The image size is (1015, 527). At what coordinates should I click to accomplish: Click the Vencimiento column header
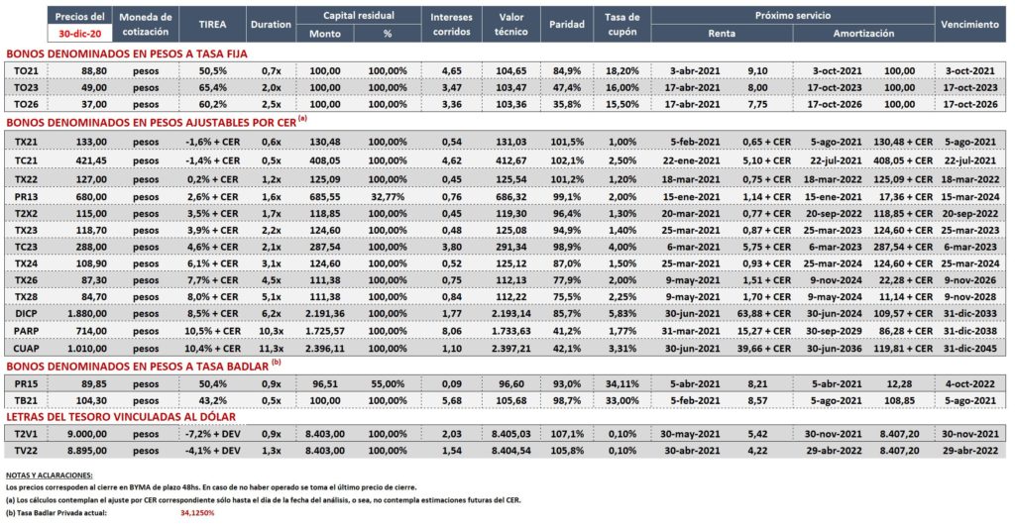(969, 25)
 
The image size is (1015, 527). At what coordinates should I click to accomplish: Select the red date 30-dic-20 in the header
(79, 34)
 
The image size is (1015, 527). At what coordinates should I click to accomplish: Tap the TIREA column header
(212, 25)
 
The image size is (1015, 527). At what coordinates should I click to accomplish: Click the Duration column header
(271, 25)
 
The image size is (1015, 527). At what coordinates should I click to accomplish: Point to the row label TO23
(26, 87)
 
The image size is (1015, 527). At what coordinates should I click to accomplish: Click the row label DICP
(26, 314)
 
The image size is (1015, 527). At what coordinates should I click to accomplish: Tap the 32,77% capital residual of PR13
(388, 196)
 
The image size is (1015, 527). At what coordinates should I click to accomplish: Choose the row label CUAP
(26, 348)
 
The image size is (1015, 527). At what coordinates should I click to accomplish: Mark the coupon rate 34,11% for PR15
(622, 383)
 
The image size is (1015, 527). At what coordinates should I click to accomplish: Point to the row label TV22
(26, 451)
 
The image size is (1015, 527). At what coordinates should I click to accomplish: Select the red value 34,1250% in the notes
(197, 513)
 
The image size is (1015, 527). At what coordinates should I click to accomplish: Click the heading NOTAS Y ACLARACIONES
(50, 475)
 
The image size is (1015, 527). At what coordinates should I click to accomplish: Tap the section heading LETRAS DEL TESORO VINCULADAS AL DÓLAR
(121, 417)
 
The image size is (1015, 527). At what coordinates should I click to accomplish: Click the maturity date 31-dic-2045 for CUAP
(969, 348)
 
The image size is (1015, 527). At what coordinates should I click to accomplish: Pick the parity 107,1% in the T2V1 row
(567, 434)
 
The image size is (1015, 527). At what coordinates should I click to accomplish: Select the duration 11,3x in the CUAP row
(272, 348)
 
